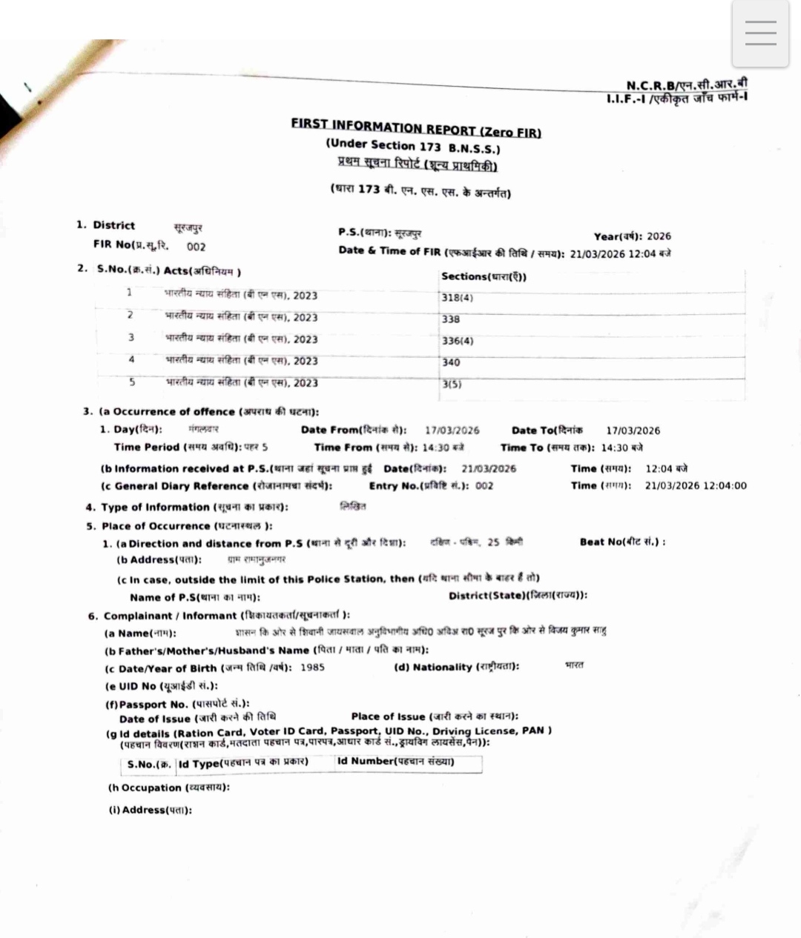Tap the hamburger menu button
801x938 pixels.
(x=760, y=33)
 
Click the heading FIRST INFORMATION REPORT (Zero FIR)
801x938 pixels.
(x=415, y=127)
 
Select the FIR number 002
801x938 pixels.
(x=196, y=247)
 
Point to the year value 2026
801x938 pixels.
(x=659, y=236)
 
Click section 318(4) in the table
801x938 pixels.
(x=457, y=298)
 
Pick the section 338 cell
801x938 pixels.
(x=451, y=319)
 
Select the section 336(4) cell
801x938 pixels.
(x=458, y=341)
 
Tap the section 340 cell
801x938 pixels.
(x=451, y=362)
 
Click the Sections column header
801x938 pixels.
(x=484, y=276)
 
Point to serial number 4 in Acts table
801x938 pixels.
(x=131, y=359)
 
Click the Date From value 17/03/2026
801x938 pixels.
(x=452, y=430)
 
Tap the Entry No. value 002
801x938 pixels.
(x=484, y=486)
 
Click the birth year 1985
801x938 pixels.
(x=312, y=667)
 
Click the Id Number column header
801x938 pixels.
(x=395, y=761)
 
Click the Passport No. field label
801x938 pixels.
(x=177, y=704)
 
